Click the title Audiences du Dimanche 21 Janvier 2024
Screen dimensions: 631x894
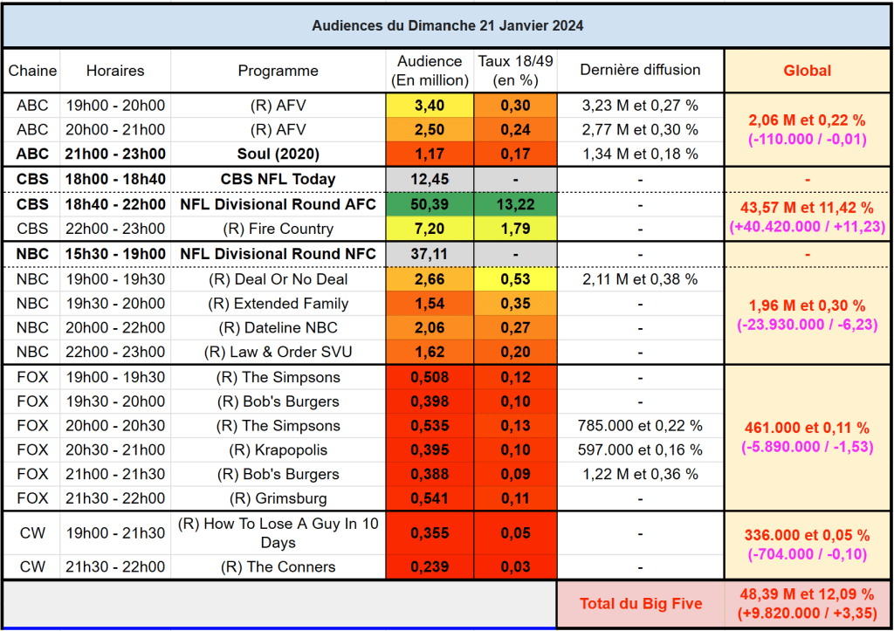(x=447, y=25)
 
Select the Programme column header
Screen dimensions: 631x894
(x=278, y=71)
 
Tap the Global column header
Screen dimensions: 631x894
(x=807, y=71)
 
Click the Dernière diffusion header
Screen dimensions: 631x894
(x=640, y=71)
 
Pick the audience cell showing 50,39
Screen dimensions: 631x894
(x=429, y=204)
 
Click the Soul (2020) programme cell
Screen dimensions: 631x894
(x=278, y=154)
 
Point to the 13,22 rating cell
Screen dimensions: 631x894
(x=515, y=204)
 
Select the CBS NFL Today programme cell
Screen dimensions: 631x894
(x=278, y=179)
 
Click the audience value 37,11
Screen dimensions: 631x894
(x=429, y=254)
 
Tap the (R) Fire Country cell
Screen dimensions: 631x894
(x=278, y=229)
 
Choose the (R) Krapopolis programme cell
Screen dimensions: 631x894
(x=278, y=450)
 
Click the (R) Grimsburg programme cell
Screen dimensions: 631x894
(x=278, y=499)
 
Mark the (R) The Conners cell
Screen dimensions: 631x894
(x=278, y=566)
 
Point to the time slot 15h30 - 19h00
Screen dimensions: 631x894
(x=115, y=254)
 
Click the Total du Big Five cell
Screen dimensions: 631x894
(x=640, y=604)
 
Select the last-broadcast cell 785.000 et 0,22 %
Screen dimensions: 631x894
(x=640, y=426)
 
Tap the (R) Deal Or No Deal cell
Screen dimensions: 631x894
(x=278, y=279)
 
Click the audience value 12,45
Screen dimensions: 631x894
(x=429, y=179)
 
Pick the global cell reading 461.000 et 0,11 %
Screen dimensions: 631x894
(x=807, y=428)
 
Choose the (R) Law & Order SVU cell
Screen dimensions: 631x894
(x=278, y=353)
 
